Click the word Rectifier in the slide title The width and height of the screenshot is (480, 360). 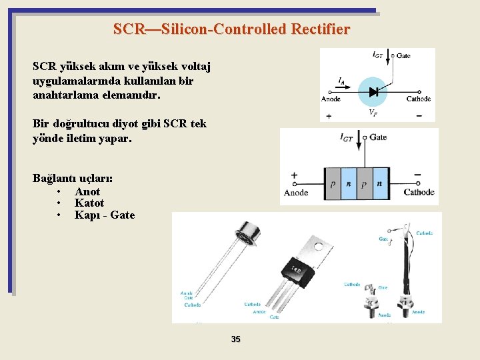[x=313, y=29]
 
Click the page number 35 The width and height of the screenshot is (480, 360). [x=235, y=339]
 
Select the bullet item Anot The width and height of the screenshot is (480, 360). [x=87, y=192]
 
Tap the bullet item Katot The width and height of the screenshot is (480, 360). [x=89, y=203]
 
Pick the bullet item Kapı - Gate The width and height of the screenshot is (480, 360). [x=105, y=215]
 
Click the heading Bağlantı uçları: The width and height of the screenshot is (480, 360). [x=73, y=179]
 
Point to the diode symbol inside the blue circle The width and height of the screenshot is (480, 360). [x=373, y=93]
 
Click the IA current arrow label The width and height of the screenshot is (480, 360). [x=341, y=81]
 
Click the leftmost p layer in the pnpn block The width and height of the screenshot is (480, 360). [x=332, y=183]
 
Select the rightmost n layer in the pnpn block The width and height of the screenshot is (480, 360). [x=379, y=183]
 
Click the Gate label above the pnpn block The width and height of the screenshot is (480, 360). [x=377, y=137]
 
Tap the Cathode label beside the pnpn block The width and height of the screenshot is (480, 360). [x=419, y=193]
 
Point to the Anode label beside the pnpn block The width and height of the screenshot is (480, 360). [x=296, y=193]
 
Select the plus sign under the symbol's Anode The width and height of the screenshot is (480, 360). [x=329, y=116]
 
